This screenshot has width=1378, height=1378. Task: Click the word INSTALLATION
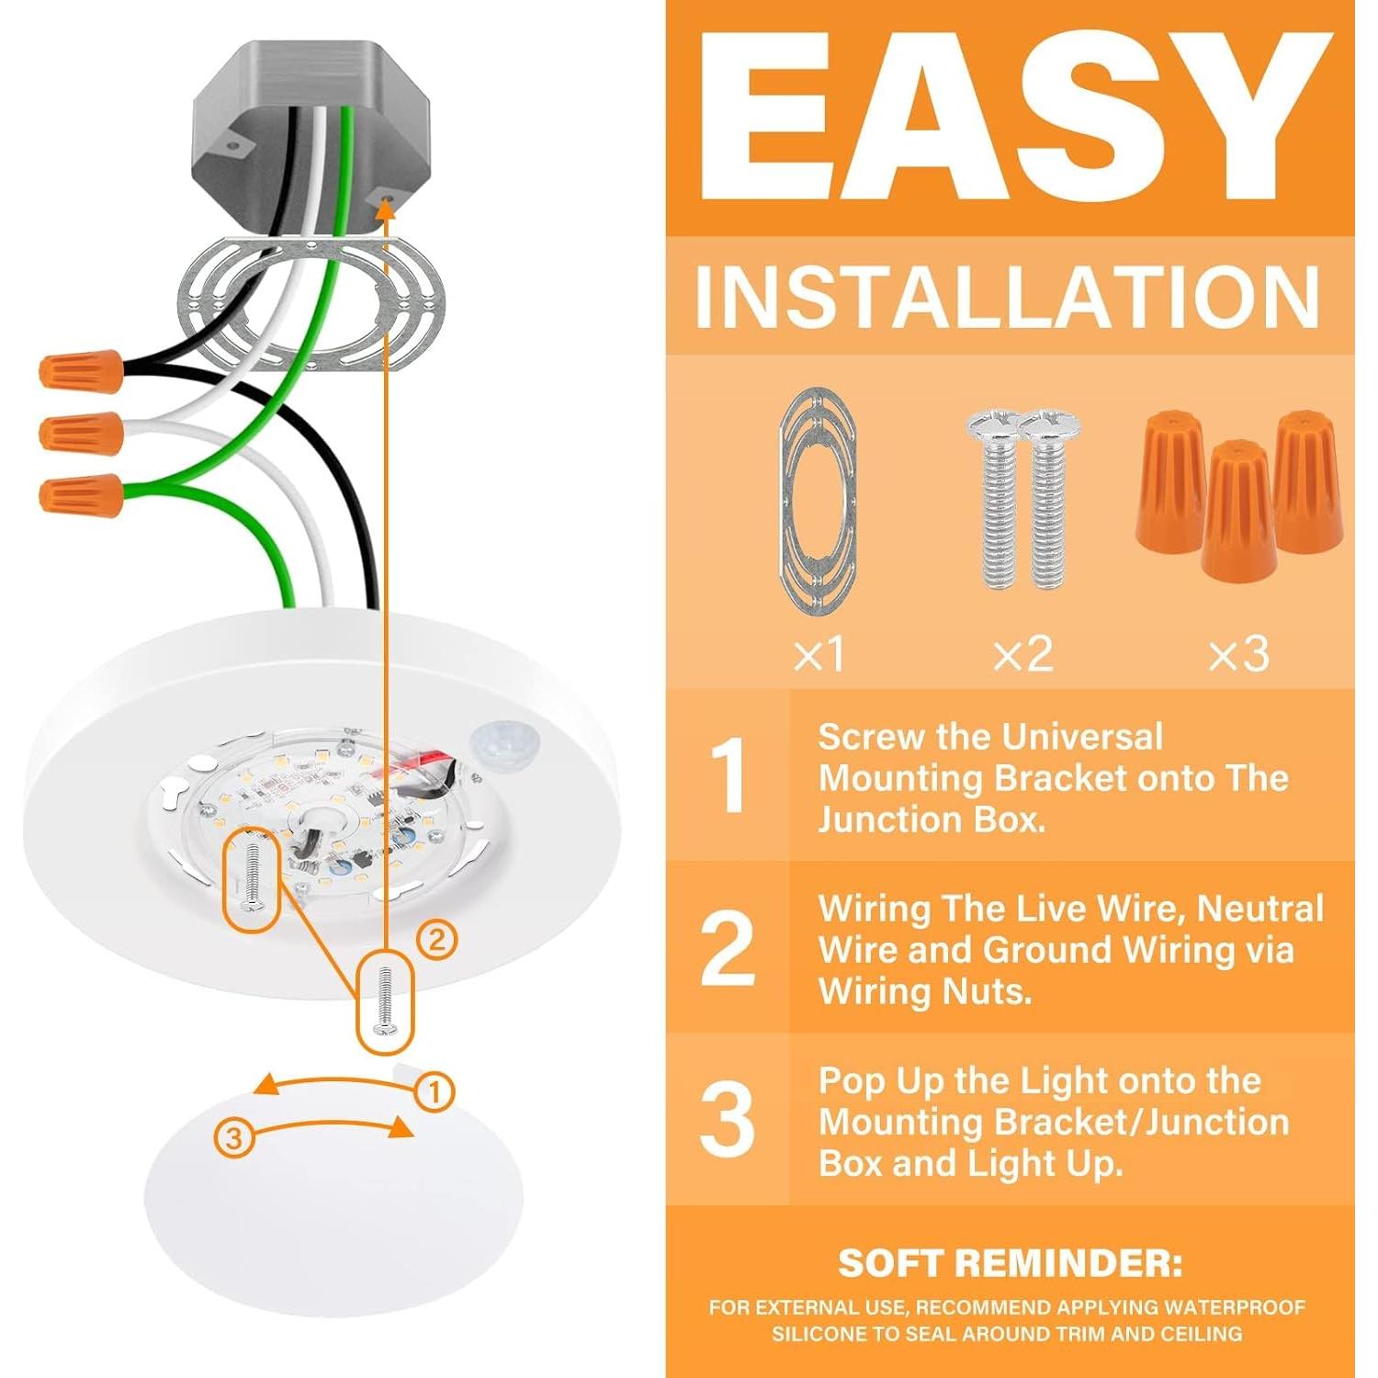[x=1008, y=297]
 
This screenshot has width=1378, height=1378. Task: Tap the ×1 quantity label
[x=819, y=654]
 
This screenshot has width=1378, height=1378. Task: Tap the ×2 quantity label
[x=1022, y=654]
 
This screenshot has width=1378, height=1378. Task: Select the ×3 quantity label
[x=1238, y=654]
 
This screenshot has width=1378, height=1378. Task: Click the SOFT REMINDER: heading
[x=1010, y=1263]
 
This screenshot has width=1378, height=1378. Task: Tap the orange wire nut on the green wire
[x=81, y=495]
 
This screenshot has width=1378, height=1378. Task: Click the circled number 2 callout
[x=436, y=940]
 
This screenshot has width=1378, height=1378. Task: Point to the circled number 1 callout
[x=435, y=1092]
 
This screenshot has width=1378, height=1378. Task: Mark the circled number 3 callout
[x=233, y=1137]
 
